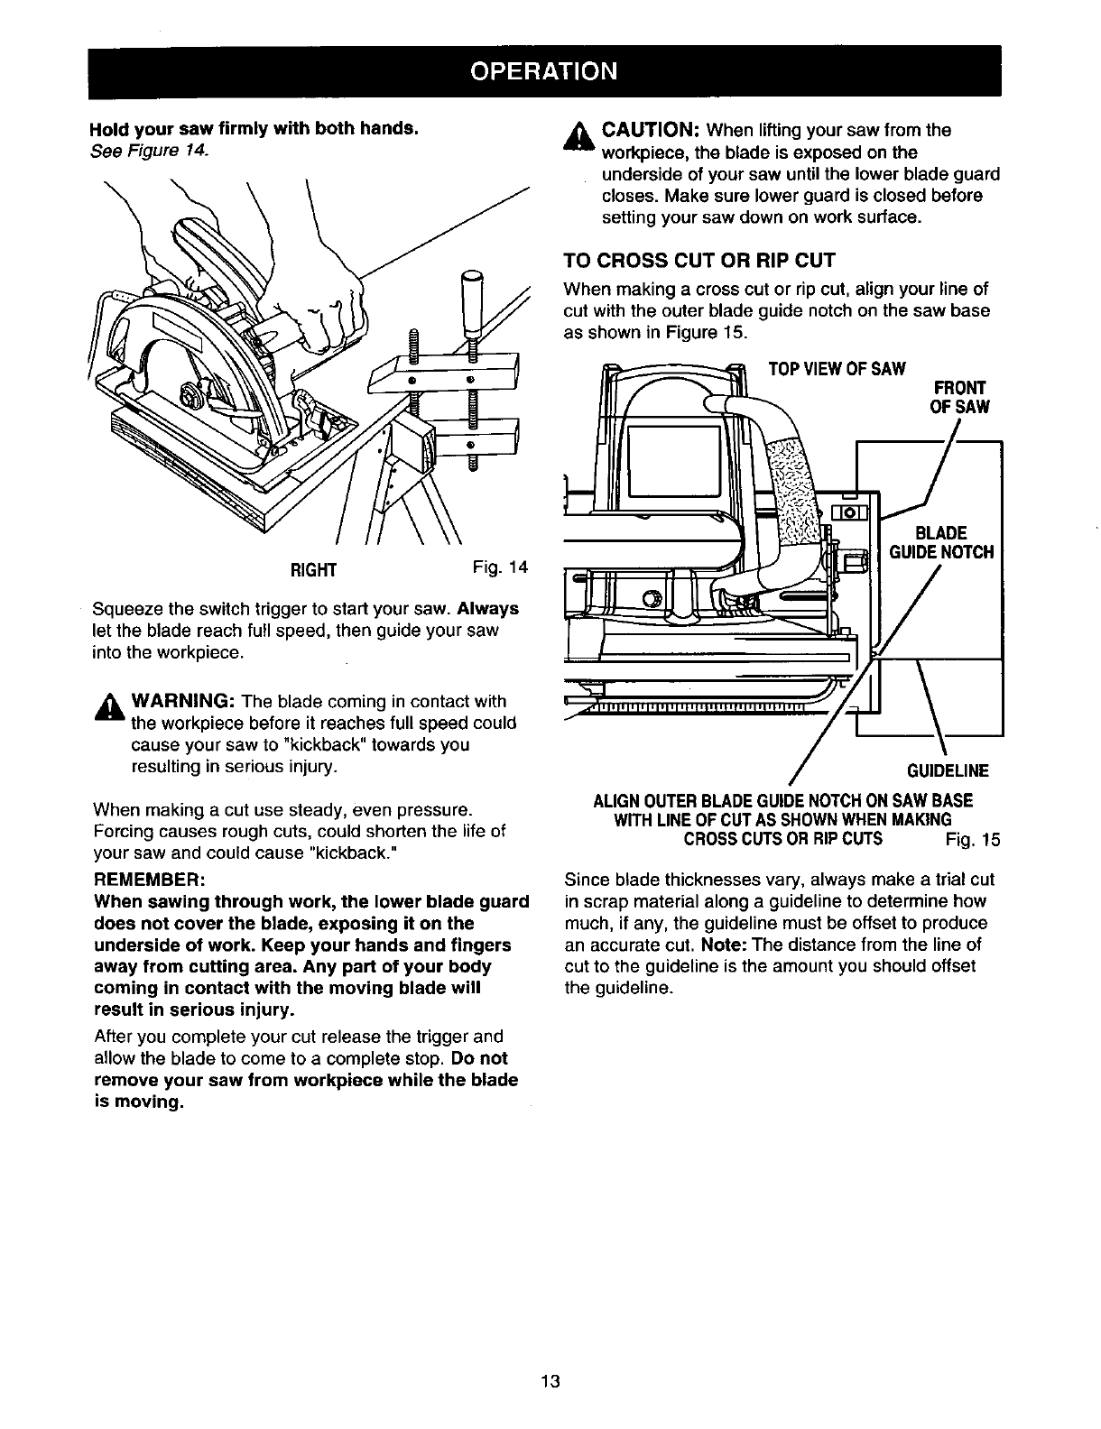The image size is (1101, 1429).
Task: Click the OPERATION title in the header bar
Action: (x=550, y=70)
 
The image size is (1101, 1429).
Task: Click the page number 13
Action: (x=551, y=1381)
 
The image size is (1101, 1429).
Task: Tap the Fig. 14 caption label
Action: (x=499, y=567)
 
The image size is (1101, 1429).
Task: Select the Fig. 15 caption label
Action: (x=973, y=841)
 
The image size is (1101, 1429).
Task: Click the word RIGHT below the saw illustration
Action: (x=312, y=569)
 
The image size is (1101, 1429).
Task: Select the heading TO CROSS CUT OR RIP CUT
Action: (x=699, y=261)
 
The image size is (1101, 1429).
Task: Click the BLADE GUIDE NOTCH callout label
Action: (x=940, y=543)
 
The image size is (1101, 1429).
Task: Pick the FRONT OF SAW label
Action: (x=958, y=397)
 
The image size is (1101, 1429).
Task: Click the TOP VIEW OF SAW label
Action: (x=836, y=369)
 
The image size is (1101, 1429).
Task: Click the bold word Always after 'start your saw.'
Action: (x=487, y=608)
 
